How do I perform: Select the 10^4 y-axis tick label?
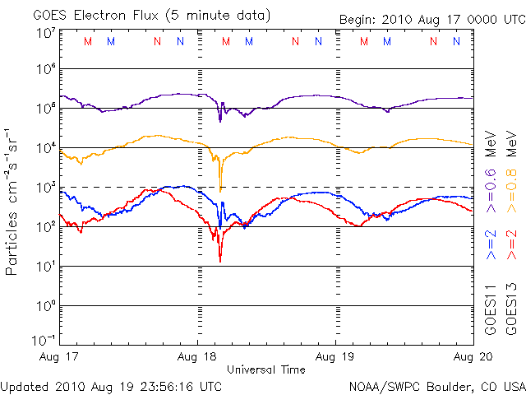pyautogui.click(x=46, y=148)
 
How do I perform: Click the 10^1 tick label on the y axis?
pyautogui.click(x=46, y=267)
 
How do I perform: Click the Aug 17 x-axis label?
pyautogui.click(x=58, y=356)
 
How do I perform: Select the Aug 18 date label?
pyautogui.click(x=197, y=356)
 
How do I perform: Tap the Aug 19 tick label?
pyautogui.click(x=335, y=356)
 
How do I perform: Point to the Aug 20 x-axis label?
pyautogui.click(x=472, y=356)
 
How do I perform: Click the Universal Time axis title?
pyautogui.click(x=265, y=369)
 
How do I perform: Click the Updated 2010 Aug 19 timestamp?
pyautogui.click(x=112, y=385)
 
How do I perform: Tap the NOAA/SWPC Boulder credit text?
pyautogui.click(x=436, y=385)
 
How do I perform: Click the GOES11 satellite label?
pyautogui.click(x=490, y=309)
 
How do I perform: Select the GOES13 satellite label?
pyautogui.click(x=511, y=309)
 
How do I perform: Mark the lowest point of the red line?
pyautogui.click(x=220, y=261)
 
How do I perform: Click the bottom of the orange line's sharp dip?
pyautogui.click(x=220, y=191)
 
